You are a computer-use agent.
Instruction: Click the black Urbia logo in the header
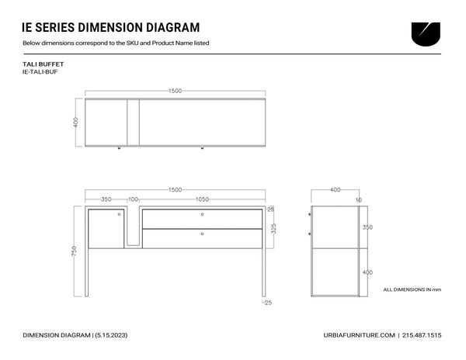(426, 34)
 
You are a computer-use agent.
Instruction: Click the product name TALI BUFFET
(43, 64)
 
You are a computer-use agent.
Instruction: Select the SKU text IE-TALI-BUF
(40, 72)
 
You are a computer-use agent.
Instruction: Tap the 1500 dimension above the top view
(175, 91)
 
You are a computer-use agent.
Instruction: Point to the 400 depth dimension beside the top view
(76, 123)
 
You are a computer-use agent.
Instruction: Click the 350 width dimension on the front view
(106, 199)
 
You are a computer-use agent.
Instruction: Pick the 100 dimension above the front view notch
(133, 199)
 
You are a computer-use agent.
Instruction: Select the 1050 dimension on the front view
(202, 199)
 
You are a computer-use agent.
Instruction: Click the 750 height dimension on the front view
(74, 251)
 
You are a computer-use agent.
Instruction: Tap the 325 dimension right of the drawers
(273, 229)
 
